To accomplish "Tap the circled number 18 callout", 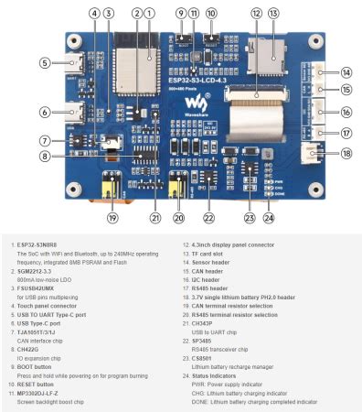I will click(x=321, y=153).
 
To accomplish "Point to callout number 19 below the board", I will click(x=112, y=218).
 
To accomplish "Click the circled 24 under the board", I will click(x=268, y=218).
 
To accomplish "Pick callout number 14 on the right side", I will click(x=321, y=72).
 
